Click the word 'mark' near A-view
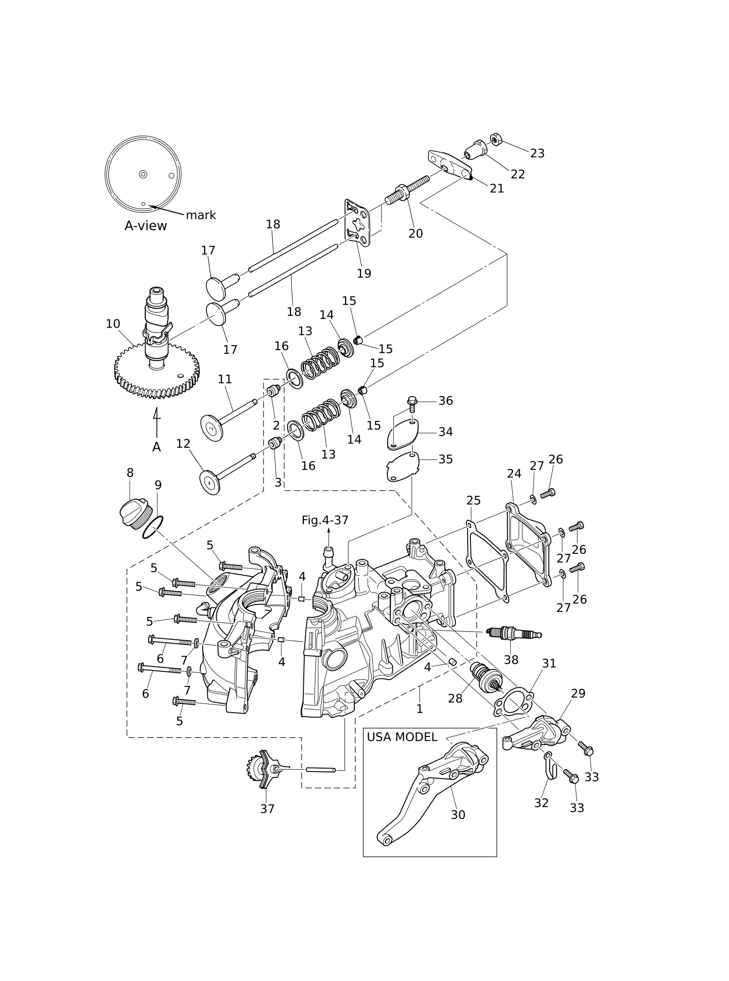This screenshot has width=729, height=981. point(201,215)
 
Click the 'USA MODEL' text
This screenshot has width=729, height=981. point(402,737)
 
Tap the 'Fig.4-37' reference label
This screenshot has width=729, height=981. point(325,520)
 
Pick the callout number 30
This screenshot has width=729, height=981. point(458,815)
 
